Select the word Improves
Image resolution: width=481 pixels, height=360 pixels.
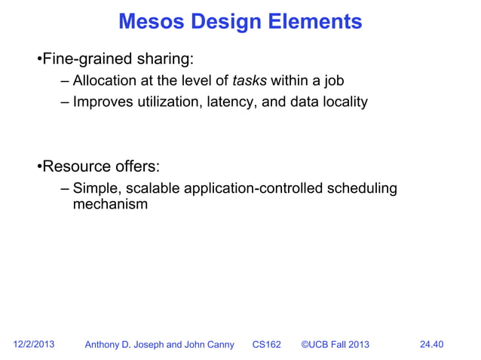[x=102, y=102]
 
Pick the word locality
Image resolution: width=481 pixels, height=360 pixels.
[x=344, y=102]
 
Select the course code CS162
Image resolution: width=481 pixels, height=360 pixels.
[x=266, y=345]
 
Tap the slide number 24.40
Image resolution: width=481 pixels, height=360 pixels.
[x=430, y=345]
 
